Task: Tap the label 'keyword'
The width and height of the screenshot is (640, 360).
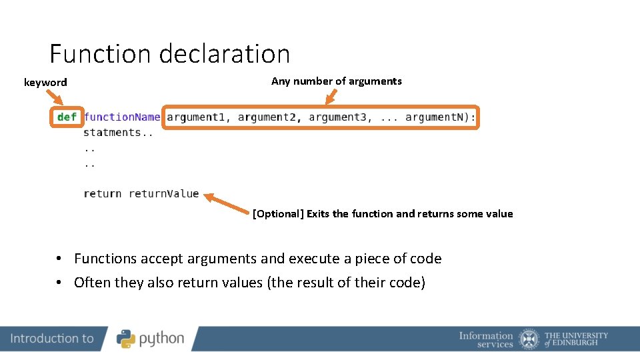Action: [x=45, y=83]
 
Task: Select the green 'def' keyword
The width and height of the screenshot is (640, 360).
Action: [x=67, y=117]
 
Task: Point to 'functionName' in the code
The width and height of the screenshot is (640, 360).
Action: [x=122, y=117]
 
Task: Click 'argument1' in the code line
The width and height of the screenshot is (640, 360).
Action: [x=196, y=117]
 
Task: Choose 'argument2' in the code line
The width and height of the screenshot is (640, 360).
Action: [x=267, y=117]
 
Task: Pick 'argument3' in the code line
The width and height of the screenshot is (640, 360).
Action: [x=338, y=117]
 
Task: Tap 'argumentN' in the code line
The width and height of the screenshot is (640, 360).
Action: [x=437, y=117]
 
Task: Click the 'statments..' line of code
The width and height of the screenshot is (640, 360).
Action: [x=118, y=133]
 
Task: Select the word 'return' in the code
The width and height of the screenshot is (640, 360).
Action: [x=103, y=194]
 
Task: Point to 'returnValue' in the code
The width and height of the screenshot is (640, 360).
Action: [x=164, y=194]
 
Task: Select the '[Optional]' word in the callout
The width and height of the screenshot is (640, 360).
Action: [x=278, y=214]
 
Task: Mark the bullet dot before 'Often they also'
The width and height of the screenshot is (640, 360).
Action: [x=59, y=283]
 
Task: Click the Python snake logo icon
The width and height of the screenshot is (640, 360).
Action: [x=126, y=339]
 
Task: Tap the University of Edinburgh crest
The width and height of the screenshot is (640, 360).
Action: [x=529, y=339]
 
